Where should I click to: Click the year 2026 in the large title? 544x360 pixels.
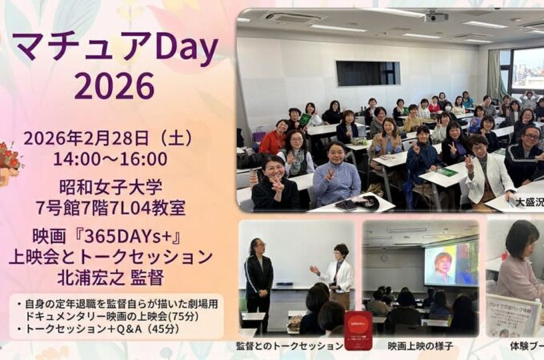115,85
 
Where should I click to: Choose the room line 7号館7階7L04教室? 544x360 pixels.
122,208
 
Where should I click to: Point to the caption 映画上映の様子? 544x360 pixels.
419,346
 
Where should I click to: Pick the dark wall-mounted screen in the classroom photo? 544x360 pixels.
367,74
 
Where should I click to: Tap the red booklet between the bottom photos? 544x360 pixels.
358,329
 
